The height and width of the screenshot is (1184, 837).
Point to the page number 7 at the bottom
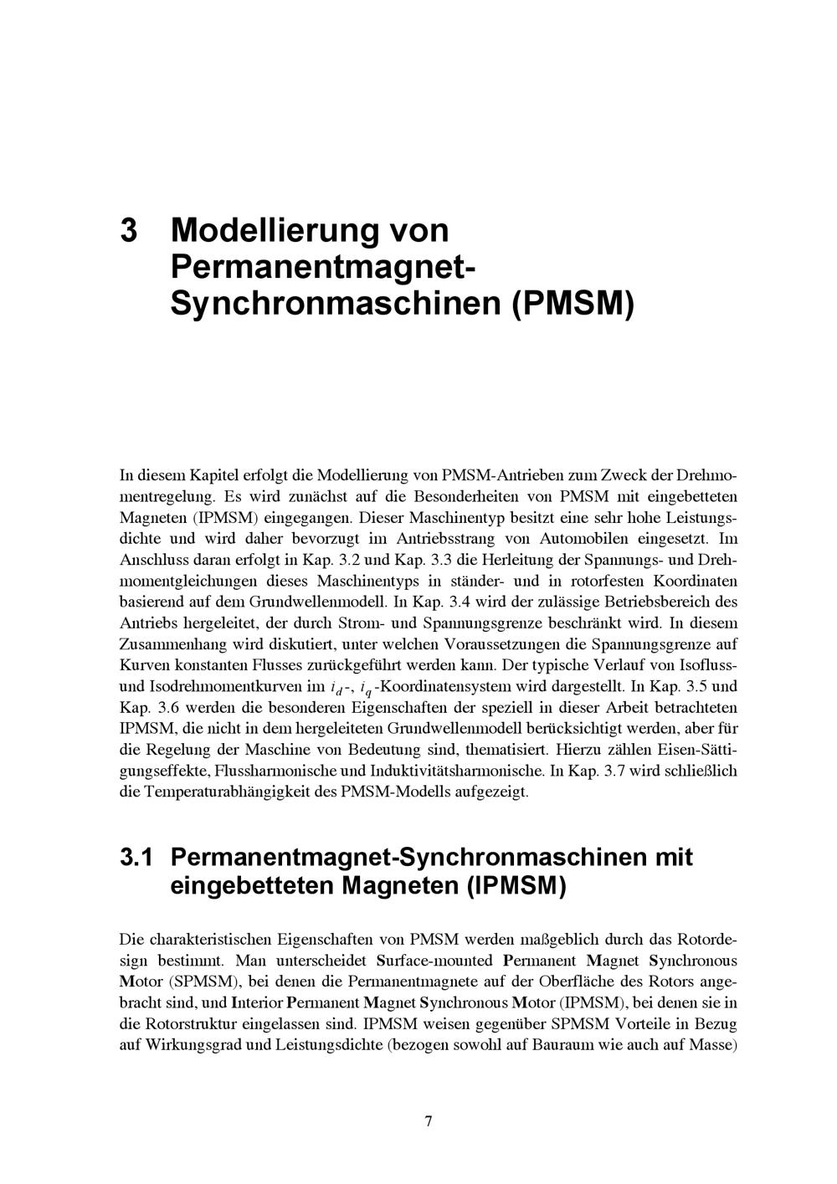[428, 1121]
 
